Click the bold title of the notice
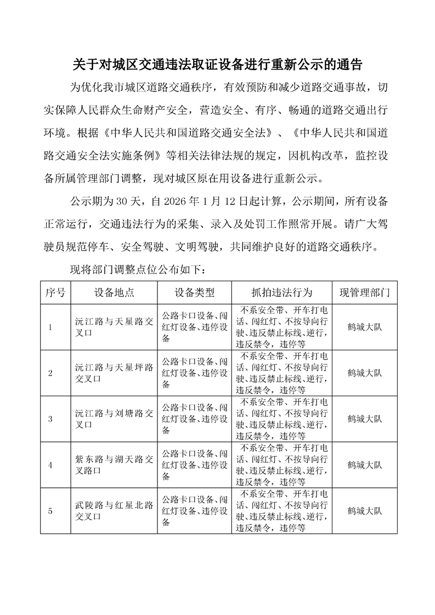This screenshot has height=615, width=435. click(x=217, y=64)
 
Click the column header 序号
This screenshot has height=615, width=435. click(x=55, y=292)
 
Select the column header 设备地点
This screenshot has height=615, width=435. click(x=114, y=292)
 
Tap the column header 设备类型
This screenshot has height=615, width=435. click(x=194, y=292)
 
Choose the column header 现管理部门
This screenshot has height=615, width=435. click(x=365, y=292)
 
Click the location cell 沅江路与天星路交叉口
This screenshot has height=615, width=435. click(x=114, y=327)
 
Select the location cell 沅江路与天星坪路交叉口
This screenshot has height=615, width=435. click(x=114, y=373)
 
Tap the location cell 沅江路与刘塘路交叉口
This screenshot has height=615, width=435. click(x=114, y=419)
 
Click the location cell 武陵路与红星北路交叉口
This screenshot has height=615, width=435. click(x=114, y=511)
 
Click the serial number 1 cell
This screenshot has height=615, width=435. click(x=50, y=328)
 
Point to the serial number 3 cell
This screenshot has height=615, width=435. click(x=50, y=419)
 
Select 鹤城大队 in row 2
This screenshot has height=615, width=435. click(x=365, y=373)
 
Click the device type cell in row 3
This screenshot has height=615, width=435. click(x=194, y=419)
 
